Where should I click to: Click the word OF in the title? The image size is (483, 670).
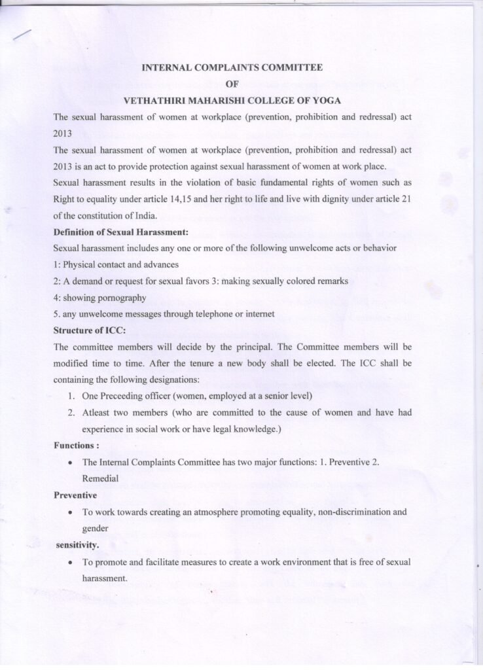point(232,84)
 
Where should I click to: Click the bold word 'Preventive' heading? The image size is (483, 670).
point(75,495)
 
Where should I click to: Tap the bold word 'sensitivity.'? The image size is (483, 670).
point(78,544)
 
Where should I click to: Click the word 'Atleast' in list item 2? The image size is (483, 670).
point(97,413)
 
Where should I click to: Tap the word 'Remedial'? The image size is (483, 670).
point(100,478)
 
